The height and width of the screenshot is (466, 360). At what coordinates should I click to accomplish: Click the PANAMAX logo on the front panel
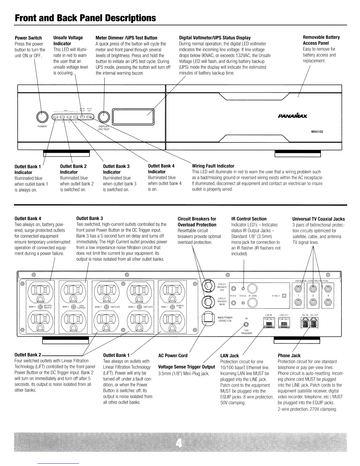point(291,117)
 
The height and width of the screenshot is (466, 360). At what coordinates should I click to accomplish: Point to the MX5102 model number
point(317,132)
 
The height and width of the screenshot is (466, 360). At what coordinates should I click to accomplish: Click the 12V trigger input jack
point(246,324)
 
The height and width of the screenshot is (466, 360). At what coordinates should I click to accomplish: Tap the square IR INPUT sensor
point(284,296)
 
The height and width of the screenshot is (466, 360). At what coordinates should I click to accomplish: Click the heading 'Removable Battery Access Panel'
point(321,40)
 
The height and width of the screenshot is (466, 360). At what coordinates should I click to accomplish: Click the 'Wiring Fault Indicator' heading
point(213,166)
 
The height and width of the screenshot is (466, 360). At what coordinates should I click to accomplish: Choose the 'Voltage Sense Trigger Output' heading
point(186,367)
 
